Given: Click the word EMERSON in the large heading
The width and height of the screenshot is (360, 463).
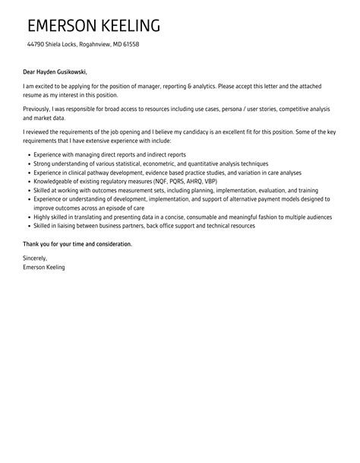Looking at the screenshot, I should (x=62, y=26).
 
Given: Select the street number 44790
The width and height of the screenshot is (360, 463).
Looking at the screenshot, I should (x=37, y=45).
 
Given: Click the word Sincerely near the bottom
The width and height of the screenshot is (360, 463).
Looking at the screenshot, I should (x=39, y=259).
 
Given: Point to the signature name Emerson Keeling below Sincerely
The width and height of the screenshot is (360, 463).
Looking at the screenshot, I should (x=45, y=268).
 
